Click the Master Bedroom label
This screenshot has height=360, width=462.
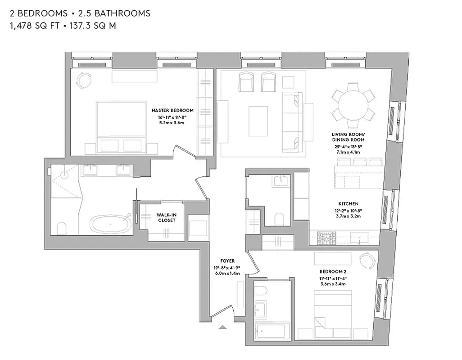click(x=172, y=110)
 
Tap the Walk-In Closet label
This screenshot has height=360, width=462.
click(x=166, y=217)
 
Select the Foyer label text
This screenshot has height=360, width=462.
click(x=227, y=261)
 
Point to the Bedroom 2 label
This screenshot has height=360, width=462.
click(x=332, y=271)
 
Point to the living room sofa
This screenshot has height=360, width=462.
click(x=291, y=117)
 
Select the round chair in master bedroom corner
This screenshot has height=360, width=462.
click(x=84, y=81)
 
